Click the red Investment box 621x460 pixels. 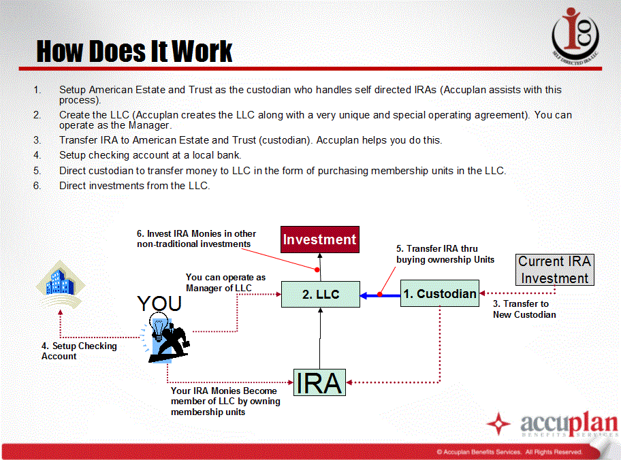click(x=320, y=240)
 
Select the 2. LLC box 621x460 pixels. click(x=321, y=294)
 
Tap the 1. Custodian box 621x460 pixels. click(x=440, y=293)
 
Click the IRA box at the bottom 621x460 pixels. click(x=319, y=382)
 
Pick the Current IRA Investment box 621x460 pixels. click(x=555, y=269)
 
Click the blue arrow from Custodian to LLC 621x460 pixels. click(x=381, y=295)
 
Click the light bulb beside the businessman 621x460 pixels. click(x=159, y=327)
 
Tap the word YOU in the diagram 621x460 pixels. click(x=159, y=303)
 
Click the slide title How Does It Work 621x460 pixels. click(x=134, y=52)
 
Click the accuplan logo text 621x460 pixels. click(x=569, y=423)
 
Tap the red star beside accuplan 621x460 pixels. click(x=498, y=423)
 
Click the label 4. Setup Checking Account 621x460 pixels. click(x=79, y=351)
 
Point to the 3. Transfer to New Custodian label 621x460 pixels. click(x=524, y=309)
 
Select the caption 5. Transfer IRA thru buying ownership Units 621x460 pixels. click(x=445, y=254)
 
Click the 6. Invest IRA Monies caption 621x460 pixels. click(x=196, y=239)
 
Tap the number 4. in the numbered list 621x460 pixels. click(x=37, y=155)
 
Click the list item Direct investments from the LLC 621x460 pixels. click(x=135, y=186)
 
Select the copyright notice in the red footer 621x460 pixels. click(x=509, y=452)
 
